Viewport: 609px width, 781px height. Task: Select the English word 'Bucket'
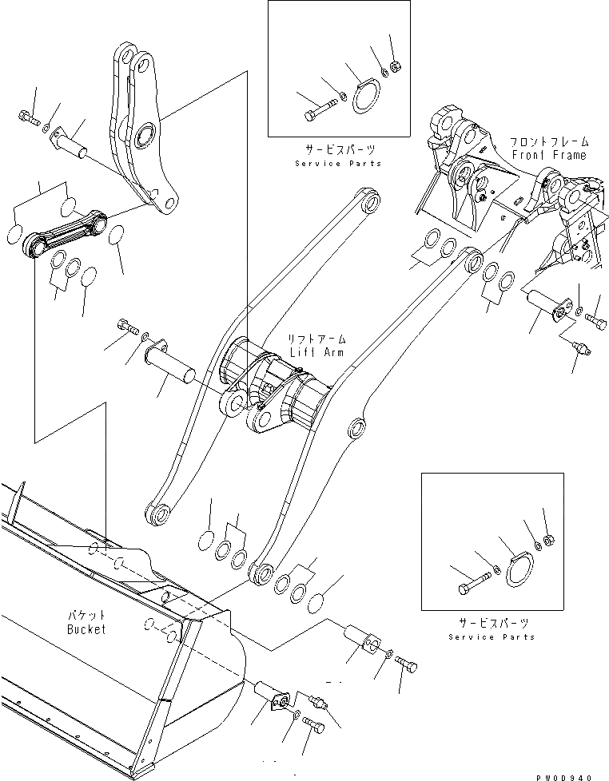point(86,629)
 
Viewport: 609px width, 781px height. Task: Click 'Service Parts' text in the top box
point(338,163)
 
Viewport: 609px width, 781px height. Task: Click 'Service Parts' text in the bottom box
point(492,636)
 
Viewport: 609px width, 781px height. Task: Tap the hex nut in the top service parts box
point(394,65)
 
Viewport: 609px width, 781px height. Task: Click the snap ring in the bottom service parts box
point(521,570)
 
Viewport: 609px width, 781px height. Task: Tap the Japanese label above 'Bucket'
point(86,616)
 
